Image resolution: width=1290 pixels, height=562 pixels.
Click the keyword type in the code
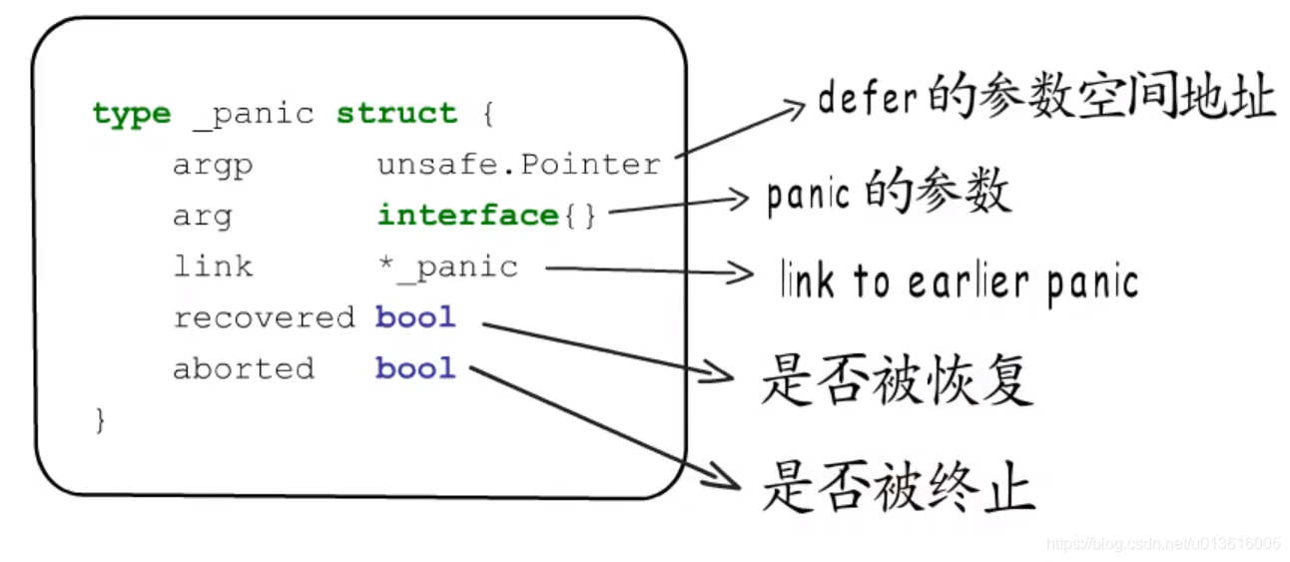(x=131, y=114)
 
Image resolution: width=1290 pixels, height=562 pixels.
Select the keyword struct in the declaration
(x=396, y=113)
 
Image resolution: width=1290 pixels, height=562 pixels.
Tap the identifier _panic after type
(x=253, y=114)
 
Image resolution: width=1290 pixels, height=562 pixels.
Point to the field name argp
(x=213, y=166)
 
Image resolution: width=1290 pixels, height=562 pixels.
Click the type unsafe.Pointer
(x=518, y=165)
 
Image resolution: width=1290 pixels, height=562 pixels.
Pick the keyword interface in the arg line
(x=467, y=216)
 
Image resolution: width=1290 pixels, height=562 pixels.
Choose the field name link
(x=213, y=267)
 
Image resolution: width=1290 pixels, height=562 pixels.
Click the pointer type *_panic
(x=447, y=267)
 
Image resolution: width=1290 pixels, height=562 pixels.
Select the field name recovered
(x=264, y=317)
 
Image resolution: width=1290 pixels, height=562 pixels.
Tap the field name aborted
(x=243, y=368)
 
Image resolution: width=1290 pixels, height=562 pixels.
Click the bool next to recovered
(x=415, y=317)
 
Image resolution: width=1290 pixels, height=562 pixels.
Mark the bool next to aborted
(x=415, y=368)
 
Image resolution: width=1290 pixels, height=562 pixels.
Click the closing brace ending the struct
(x=100, y=419)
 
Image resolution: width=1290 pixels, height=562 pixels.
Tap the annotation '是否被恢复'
(x=896, y=380)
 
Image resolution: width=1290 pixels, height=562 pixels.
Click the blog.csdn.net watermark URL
(x=1163, y=544)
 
